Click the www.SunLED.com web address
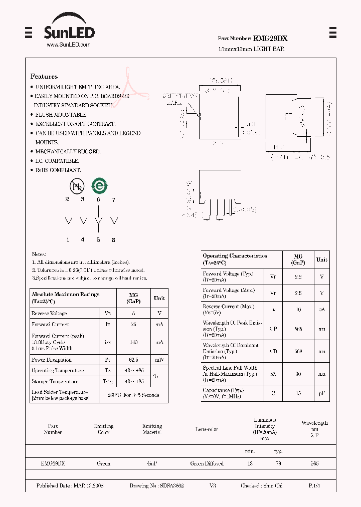(x=69, y=45)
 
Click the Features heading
(x=44, y=77)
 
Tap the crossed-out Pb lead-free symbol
(x=77, y=187)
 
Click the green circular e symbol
(x=98, y=186)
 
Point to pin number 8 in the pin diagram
(x=114, y=240)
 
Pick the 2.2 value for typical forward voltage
(x=298, y=277)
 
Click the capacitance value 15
(x=298, y=393)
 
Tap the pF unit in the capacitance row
(x=321, y=393)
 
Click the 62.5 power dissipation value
(x=133, y=360)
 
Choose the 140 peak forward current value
(x=133, y=342)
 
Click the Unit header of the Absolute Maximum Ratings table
(x=159, y=298)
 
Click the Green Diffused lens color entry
(x=207, y=464)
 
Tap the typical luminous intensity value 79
(x=278, y=464)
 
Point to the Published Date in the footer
(x=70, y=486)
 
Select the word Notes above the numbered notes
(x=39, y=255)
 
